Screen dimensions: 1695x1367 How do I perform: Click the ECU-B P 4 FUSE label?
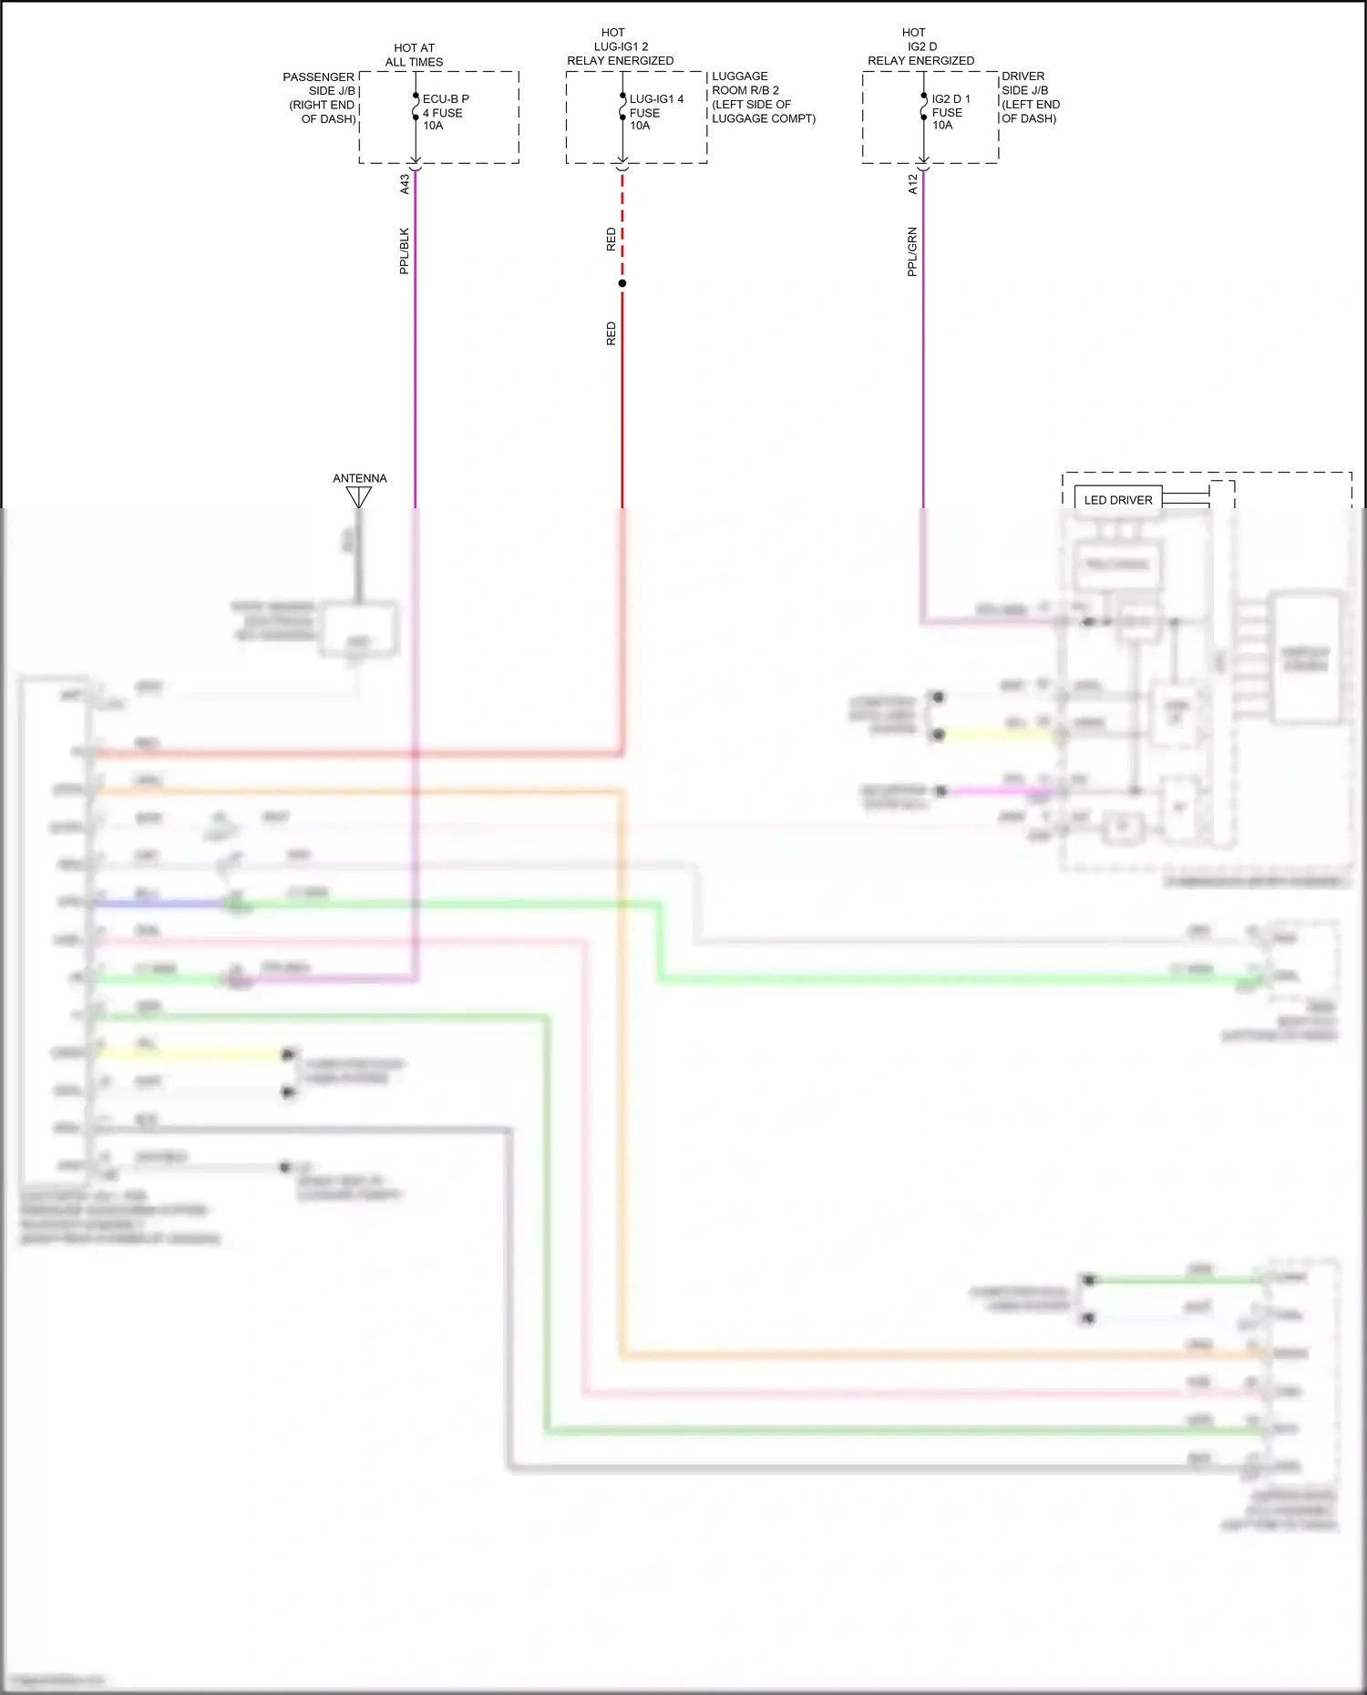coord(445,112)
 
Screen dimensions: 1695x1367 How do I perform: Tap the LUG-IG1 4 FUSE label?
coord(655,112)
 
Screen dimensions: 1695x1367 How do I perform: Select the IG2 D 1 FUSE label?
coord(951,112)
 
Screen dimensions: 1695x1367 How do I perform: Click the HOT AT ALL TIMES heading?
coord(414,55)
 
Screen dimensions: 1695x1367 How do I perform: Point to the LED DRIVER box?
coord(1117,500)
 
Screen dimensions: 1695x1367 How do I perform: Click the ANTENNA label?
coord(359,478)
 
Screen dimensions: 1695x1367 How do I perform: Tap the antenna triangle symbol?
coord(359,496)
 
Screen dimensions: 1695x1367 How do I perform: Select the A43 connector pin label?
coord(405,185)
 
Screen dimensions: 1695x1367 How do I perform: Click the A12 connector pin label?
coord(912,185)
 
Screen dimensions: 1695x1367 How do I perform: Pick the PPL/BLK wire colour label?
coord(405,251)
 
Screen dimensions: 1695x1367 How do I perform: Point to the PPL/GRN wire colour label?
coord(912,252)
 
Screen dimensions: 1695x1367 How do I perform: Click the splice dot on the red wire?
coord(622,283)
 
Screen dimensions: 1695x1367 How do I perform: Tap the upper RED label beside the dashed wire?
coord(612,240)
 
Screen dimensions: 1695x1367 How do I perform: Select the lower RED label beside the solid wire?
coord(612,333)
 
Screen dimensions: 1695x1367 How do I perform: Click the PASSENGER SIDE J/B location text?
coord(319,97)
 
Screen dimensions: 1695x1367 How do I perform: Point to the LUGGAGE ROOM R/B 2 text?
coord(762,97)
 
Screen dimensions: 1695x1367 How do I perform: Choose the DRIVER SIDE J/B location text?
coord(1030,97)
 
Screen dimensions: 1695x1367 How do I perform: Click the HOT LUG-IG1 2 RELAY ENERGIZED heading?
coord(620,46)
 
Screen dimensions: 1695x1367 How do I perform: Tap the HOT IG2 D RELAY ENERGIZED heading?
coord(920,46)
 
